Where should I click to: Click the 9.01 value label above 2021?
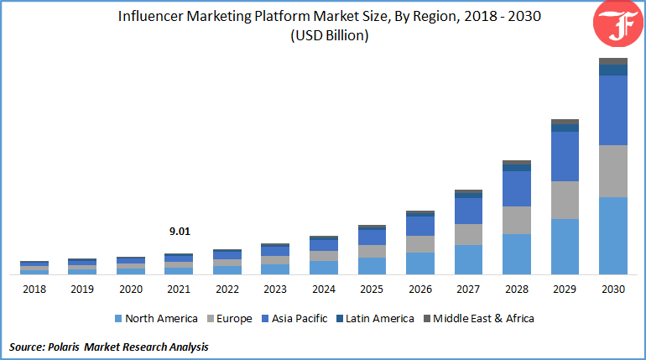pyautogui.click(x=179, y=232)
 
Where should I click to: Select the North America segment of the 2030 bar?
pyautogui.click(x=613, y=236)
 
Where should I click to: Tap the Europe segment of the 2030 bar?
pyautogui.click(x=613, y=171)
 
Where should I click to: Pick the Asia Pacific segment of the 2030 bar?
pyautogui.click(x=613, y=110)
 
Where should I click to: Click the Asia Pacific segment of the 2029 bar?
pyautogui.click(x=565, y=156)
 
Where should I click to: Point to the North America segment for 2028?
pyautogui.click(x=516, y=253)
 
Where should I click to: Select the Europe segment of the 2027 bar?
pyautogui.click(x=468, y=234)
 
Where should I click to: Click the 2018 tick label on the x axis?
pyautogui.click(x=34, y=290)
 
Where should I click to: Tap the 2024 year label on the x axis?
pyautogui.click(x=323, y=290)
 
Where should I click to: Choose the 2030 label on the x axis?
pyautogui.click(x=613, y=290)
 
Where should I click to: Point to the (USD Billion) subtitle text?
pyautogui.click(x=329, y=35)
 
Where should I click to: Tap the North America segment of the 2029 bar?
pyautogui.click(x=565, y=246)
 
